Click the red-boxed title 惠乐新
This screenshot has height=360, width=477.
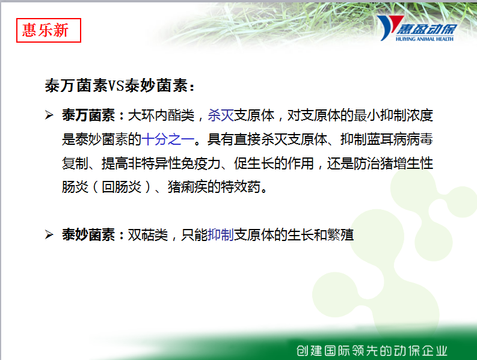(45, 30)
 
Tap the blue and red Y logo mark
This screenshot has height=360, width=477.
(389, 28)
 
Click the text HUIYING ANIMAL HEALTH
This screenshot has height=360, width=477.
(425, 39)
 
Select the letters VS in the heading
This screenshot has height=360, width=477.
(116, 86)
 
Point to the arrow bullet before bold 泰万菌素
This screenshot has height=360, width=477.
(49, 115)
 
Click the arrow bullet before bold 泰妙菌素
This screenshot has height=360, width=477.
(49, 235)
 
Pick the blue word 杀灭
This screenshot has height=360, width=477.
(221, 115)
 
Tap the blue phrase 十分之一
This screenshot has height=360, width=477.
(168, 139)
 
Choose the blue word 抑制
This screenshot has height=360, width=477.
(221, 235)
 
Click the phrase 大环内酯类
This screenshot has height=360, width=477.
(161, 115)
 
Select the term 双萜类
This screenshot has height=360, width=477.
(148, 235)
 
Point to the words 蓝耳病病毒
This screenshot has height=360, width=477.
(400, 139)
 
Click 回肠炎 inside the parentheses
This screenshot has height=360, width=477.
(122, 187)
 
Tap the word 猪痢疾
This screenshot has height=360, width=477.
(188, 187)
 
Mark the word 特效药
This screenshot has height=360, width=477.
(241, 187)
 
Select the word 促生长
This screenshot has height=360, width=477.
(254, 163)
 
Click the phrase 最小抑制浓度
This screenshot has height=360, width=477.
(393, 115)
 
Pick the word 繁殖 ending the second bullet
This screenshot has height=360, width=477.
(340, 235)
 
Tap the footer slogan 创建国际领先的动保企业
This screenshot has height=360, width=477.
(372, 350)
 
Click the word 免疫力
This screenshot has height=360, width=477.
(201, 163)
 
